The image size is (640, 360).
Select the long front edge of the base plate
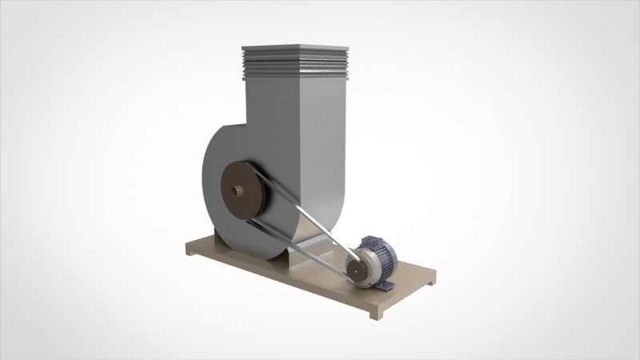coord(280,280)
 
